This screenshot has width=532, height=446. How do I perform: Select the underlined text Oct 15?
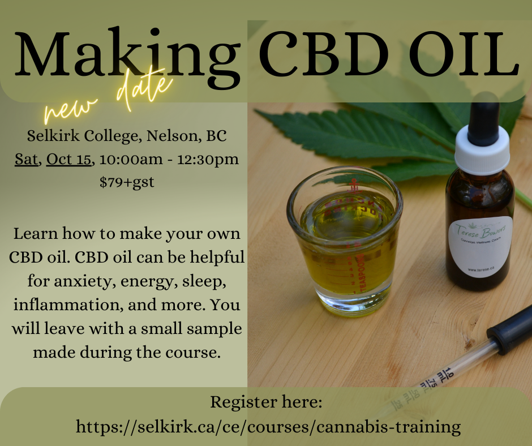click(68, 159)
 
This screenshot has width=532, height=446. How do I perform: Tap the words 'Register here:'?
click(266, 402)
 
